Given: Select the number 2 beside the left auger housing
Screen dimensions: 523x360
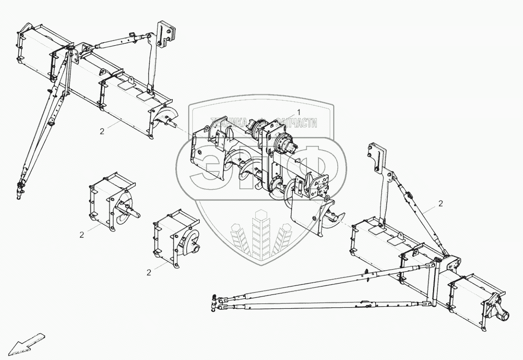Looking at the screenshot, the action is pos(102,131).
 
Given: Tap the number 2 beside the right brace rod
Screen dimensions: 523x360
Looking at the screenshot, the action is pos(441,203).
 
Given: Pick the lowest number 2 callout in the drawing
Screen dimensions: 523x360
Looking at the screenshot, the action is pos(149,272).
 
